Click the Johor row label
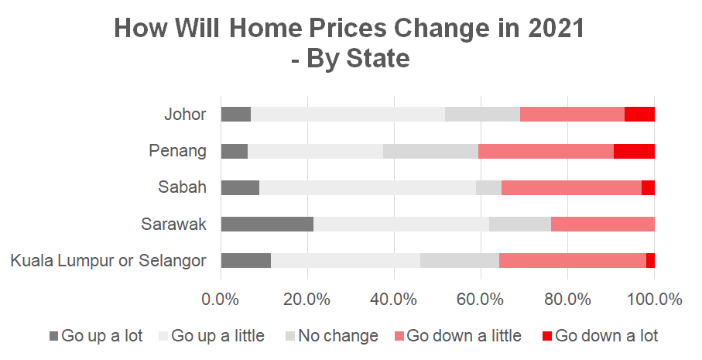(185, 115)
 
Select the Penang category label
(177, 151)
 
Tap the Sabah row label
(182, 187)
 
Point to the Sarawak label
(173, 225)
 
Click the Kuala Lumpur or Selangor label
(108, 261)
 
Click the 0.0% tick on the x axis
(221, 297)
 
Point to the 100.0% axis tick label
(654, 297)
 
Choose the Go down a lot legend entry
(600, 335)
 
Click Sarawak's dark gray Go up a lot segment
(267, 225)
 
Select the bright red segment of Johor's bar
(639, 115)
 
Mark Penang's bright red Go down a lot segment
(634, 151)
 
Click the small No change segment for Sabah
(488, 187)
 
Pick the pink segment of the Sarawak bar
(602, 225)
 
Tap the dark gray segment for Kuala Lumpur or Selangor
(245, 261)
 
